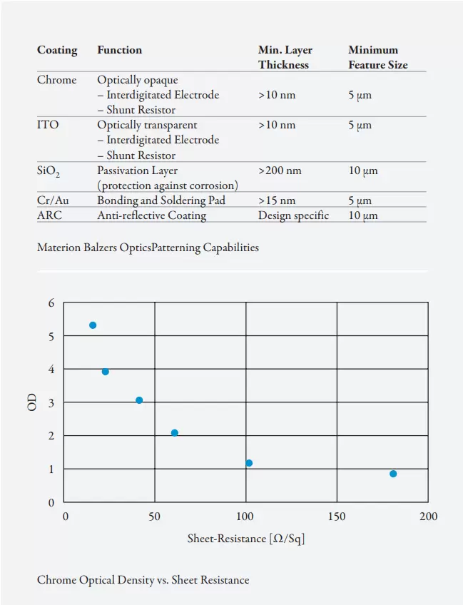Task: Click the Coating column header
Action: click(57, 50)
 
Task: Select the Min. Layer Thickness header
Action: click(285, 57)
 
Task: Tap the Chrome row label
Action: click(56, 80)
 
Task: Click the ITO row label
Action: click(48, 125)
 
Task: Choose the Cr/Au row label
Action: click(53, 200)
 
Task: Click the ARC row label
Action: click(49, 215)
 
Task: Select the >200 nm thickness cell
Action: click(280, 171)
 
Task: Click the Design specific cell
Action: click(293, 215)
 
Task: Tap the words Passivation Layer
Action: click(138, 171)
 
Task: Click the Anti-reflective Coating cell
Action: click(151, 215)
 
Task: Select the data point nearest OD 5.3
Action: click(93, 325)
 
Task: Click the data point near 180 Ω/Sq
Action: click(393, 474)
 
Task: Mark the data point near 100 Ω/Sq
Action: click(249, 463)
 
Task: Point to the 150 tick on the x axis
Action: click(337, 517)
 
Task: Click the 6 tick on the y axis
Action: click(51, 302)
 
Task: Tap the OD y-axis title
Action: click(32, 402)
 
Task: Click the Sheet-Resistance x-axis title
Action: click(246, 539)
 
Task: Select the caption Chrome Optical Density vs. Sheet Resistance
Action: click(143, 580)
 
